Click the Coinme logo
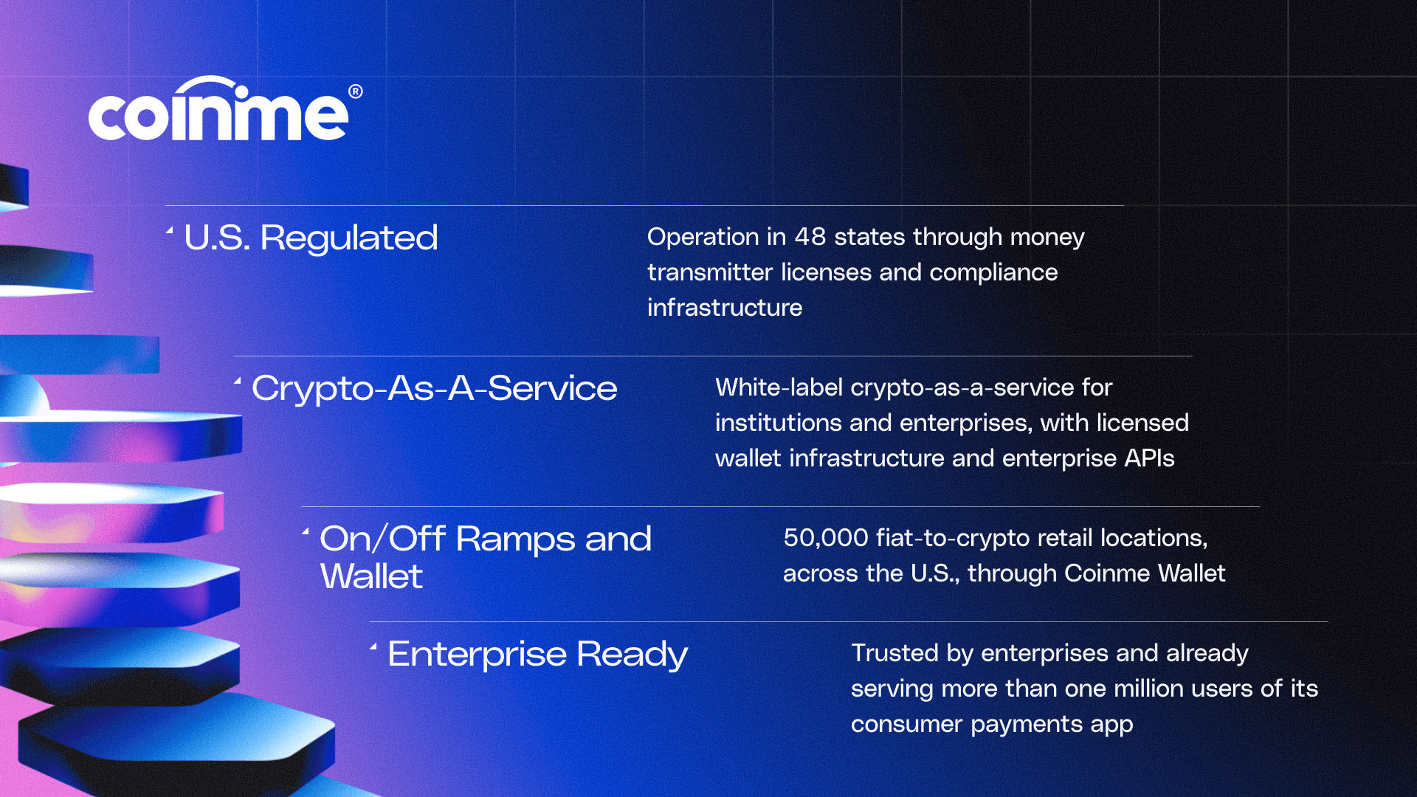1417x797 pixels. tap(225, 108)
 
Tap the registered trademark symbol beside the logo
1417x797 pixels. tap(356, 92)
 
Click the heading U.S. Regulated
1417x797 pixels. tap(311, 238)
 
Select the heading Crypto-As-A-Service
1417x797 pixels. tap(434, 388)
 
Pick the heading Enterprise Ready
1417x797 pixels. tap(537, 655)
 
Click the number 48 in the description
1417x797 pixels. tap(810, 237)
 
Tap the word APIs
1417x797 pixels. tap(1149, 458)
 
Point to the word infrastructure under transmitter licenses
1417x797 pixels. tap(725, 308)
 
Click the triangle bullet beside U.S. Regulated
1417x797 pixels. tap(170, 231)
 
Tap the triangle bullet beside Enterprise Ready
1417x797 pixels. tap(373, 647)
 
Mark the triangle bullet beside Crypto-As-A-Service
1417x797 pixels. tap(238, 382)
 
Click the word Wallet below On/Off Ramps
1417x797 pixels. tap(371, 576)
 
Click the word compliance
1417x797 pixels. tap(993, 273)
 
